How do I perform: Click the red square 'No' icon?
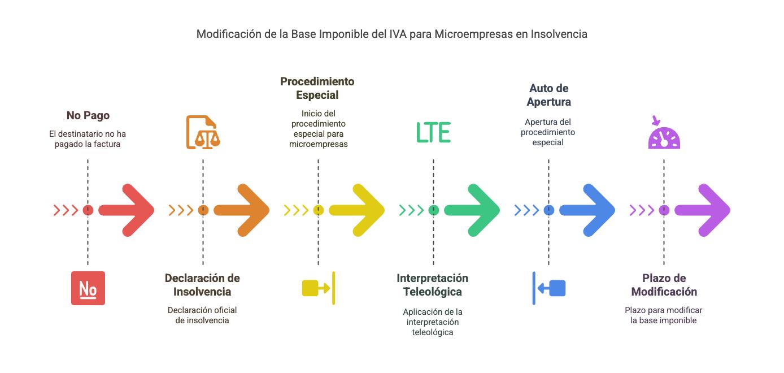pyautogui.click(x=88, y=288)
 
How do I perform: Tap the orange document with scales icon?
pyautogui.click(x=203, y=132)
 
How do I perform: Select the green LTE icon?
pyautogui.click(x=433, y=132)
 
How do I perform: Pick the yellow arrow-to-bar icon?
pyautogui.click(x=319, y=288)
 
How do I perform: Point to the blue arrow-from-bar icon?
pyautogui.click(x=549, y=288)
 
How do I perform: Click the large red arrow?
pyautogui.click(x=127, y=210)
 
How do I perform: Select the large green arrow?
pyautogui.click(x=473, y=210)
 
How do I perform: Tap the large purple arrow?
pyautogui.click(x=703, y=210)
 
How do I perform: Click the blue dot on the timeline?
pyautogui.click(x=548, y=210)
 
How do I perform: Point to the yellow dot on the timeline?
pyautogui.click(x=318, y=210)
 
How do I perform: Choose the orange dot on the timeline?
pyautogui.click(x=203, y=210)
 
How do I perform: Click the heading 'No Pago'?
pyautogui.click(x=88, y=115)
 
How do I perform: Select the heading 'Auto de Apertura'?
pyautogui.click(x=548, y=95)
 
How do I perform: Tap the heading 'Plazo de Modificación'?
pyautogui.click(x=664, y=285)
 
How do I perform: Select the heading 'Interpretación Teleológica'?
pyautogui.click(x=432, y=285)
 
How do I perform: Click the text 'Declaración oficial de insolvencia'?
pyautogui.click(x=202, y=315)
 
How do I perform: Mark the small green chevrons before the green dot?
pyautogui.click(x=411, y=210)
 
